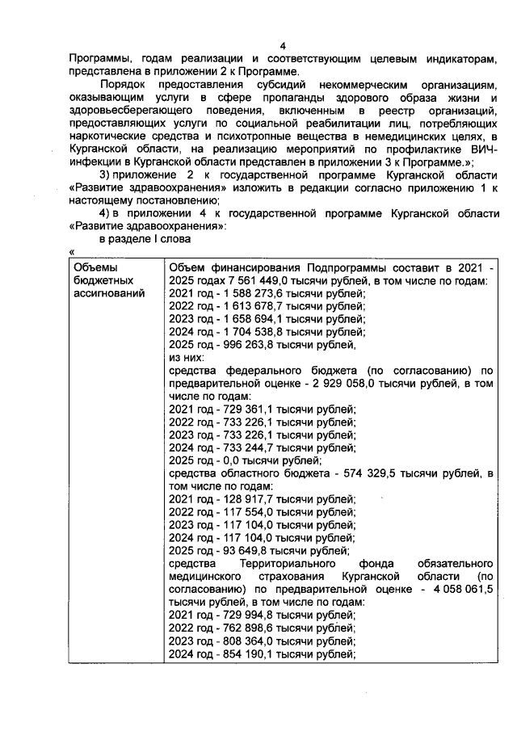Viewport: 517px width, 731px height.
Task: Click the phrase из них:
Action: point(186,358)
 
